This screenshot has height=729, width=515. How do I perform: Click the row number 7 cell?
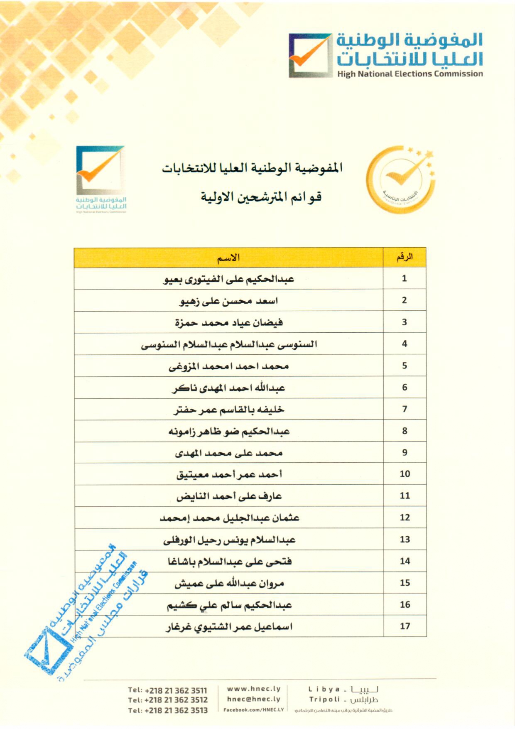(405, 409)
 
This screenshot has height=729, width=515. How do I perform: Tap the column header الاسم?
(228, 258)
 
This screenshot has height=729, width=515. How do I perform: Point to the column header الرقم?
(405, 258)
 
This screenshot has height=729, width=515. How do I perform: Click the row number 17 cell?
(405, 626)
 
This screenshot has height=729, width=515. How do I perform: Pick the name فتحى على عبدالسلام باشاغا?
(230, 562)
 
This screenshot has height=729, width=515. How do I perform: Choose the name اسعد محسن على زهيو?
(229, 301)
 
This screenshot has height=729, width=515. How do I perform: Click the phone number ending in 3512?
(168, 700)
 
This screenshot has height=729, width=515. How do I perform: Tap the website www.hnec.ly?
(254, 689)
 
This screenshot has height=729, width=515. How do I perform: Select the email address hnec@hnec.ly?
(254, 699)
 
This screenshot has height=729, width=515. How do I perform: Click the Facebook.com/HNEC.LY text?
(254, 709)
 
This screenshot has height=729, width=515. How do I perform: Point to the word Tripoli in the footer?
(324, 699)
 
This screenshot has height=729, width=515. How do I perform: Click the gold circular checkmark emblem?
(400, 179)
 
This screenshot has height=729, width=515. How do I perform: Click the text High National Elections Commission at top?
(410, 74)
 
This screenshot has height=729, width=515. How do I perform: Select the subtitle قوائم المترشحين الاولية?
(261, 196)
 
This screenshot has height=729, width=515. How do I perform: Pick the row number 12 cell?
(405, 517)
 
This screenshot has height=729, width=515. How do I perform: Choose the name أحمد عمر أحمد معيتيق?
(229, 474)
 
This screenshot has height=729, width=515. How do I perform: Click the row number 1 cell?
(405, 278)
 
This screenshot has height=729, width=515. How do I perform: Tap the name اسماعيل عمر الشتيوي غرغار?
(229, 626)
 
